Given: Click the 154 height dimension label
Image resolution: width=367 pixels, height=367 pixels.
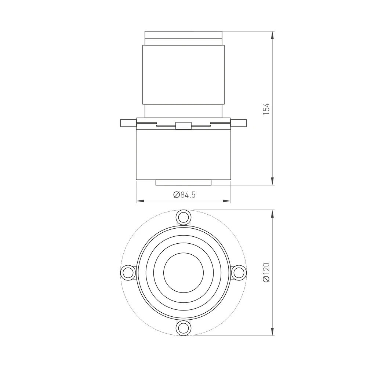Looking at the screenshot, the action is click(x=266, y=109).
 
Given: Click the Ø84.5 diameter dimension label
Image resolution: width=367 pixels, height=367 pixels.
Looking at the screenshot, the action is click(x=185, y=195).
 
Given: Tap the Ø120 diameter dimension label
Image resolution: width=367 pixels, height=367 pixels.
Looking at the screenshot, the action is click(x=266, y=272).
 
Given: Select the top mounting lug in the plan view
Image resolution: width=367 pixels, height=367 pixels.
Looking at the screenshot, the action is click(x=183, y=217).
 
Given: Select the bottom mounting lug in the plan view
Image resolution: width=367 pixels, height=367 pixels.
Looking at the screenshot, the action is click(x=183, y=328).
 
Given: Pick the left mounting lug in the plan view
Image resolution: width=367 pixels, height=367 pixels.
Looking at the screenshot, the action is click(x=128, y=273).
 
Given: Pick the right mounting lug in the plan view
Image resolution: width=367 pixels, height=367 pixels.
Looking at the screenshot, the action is click(x=239, y=273).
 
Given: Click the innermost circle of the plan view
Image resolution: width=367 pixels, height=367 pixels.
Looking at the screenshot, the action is click(x=183, y=253).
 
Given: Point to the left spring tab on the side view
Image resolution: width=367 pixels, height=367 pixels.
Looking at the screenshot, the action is click(x=128, y=123).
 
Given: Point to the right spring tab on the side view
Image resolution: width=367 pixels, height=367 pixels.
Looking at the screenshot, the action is click(x=239, y=123).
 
